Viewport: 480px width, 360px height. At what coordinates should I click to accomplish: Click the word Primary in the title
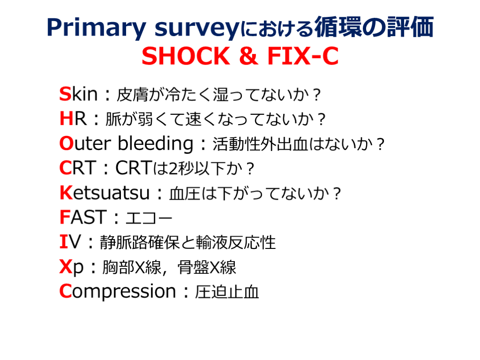[97, 28]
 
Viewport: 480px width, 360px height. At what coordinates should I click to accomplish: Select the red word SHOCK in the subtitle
[186, 56]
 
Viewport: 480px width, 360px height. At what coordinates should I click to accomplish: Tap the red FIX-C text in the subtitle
[303, 56]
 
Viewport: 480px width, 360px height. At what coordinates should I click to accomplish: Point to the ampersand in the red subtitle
[248, 56]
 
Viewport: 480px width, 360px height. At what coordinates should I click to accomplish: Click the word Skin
[79, 94]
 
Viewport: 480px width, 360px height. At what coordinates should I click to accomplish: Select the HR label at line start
[73, 119]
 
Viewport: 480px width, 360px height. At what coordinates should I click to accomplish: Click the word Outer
[85, 143]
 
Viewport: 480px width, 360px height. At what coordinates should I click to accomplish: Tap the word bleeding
[156, 144]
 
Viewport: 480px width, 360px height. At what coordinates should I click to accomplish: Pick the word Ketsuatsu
[105, 193]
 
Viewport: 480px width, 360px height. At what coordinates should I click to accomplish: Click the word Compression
[118, 292]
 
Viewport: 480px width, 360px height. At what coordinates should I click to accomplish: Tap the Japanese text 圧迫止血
[227, 292]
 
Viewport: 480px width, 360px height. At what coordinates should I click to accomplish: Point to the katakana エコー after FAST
[149, 218]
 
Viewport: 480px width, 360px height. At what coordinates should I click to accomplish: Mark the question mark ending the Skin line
[316, 95]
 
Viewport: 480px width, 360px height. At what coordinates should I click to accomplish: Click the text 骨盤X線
[207, 267]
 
